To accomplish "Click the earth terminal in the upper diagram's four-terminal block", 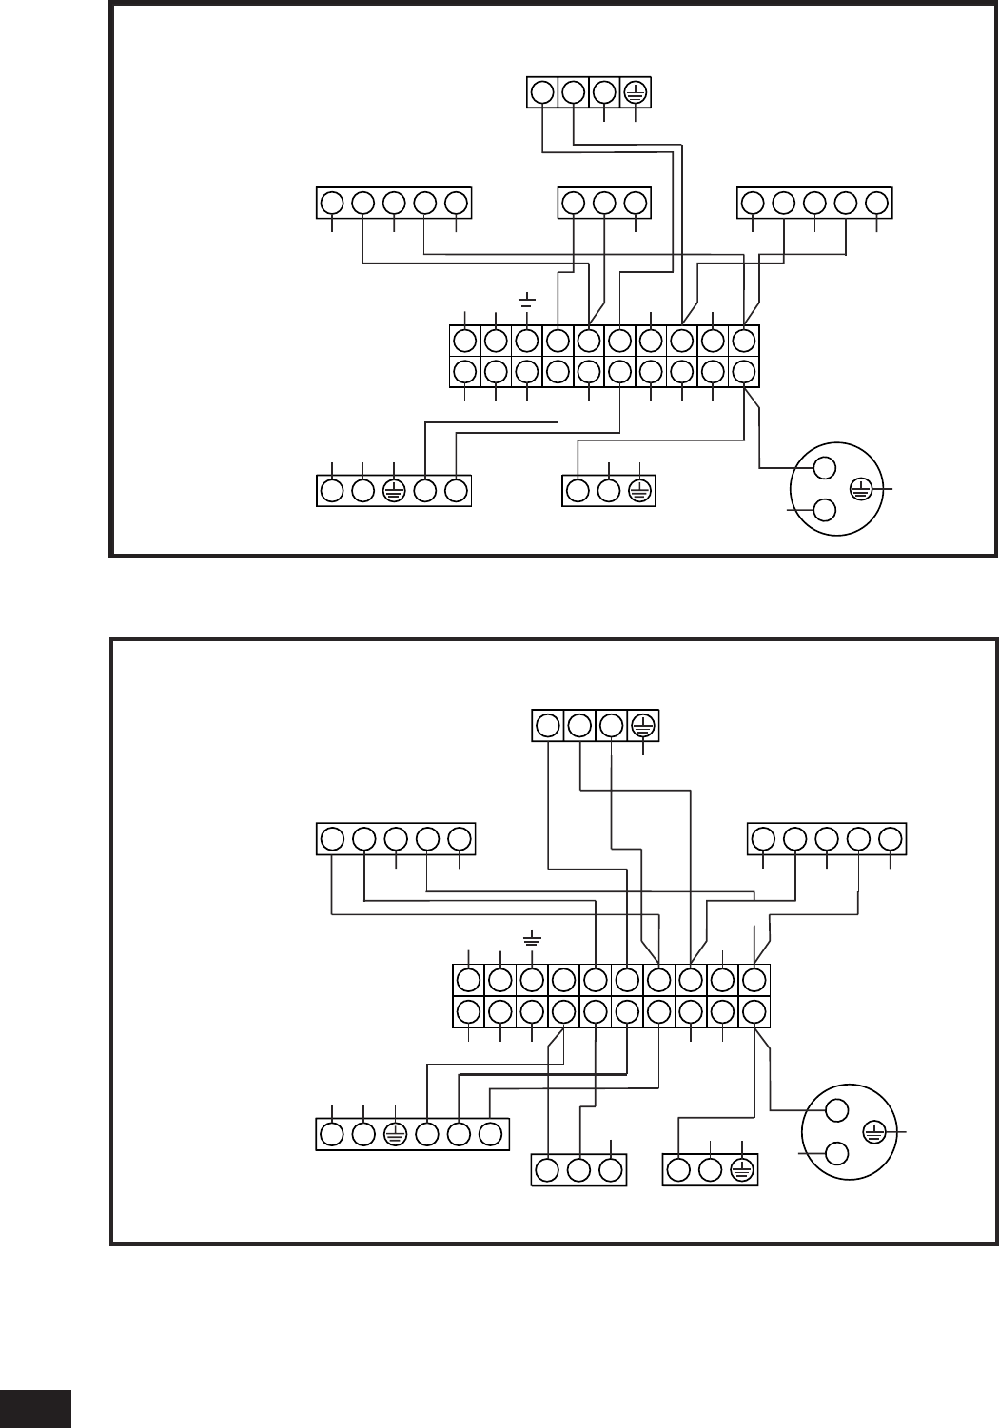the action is (x=636, y=92).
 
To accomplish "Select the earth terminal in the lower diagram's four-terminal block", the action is (x=642, y=726).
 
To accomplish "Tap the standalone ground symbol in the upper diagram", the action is (x=526, y=301).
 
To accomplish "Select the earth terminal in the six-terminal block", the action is (x=396, y=1134).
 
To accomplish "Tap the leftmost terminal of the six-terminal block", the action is (x=332, y=1134).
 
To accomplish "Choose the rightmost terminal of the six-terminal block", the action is (x=491, y=1134).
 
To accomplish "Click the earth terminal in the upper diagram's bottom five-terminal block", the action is (x=394, y=491).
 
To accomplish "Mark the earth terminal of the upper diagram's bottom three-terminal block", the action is (x=640, y=491).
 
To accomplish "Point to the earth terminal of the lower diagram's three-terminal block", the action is (x=742, y=1170).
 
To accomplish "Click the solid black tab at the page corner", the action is (x=35, y=1408).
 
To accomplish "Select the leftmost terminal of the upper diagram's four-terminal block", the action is (x=541, y=92).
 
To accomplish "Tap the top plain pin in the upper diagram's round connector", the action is (x=825, y=467).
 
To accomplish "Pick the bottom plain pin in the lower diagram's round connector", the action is (x=837, y=1153).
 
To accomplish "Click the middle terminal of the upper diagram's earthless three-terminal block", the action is (x=604, y=203).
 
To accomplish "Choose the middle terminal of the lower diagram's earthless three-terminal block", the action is (x=578, y=1170).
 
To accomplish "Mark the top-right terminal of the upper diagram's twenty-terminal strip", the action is (x=745, y=340).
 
